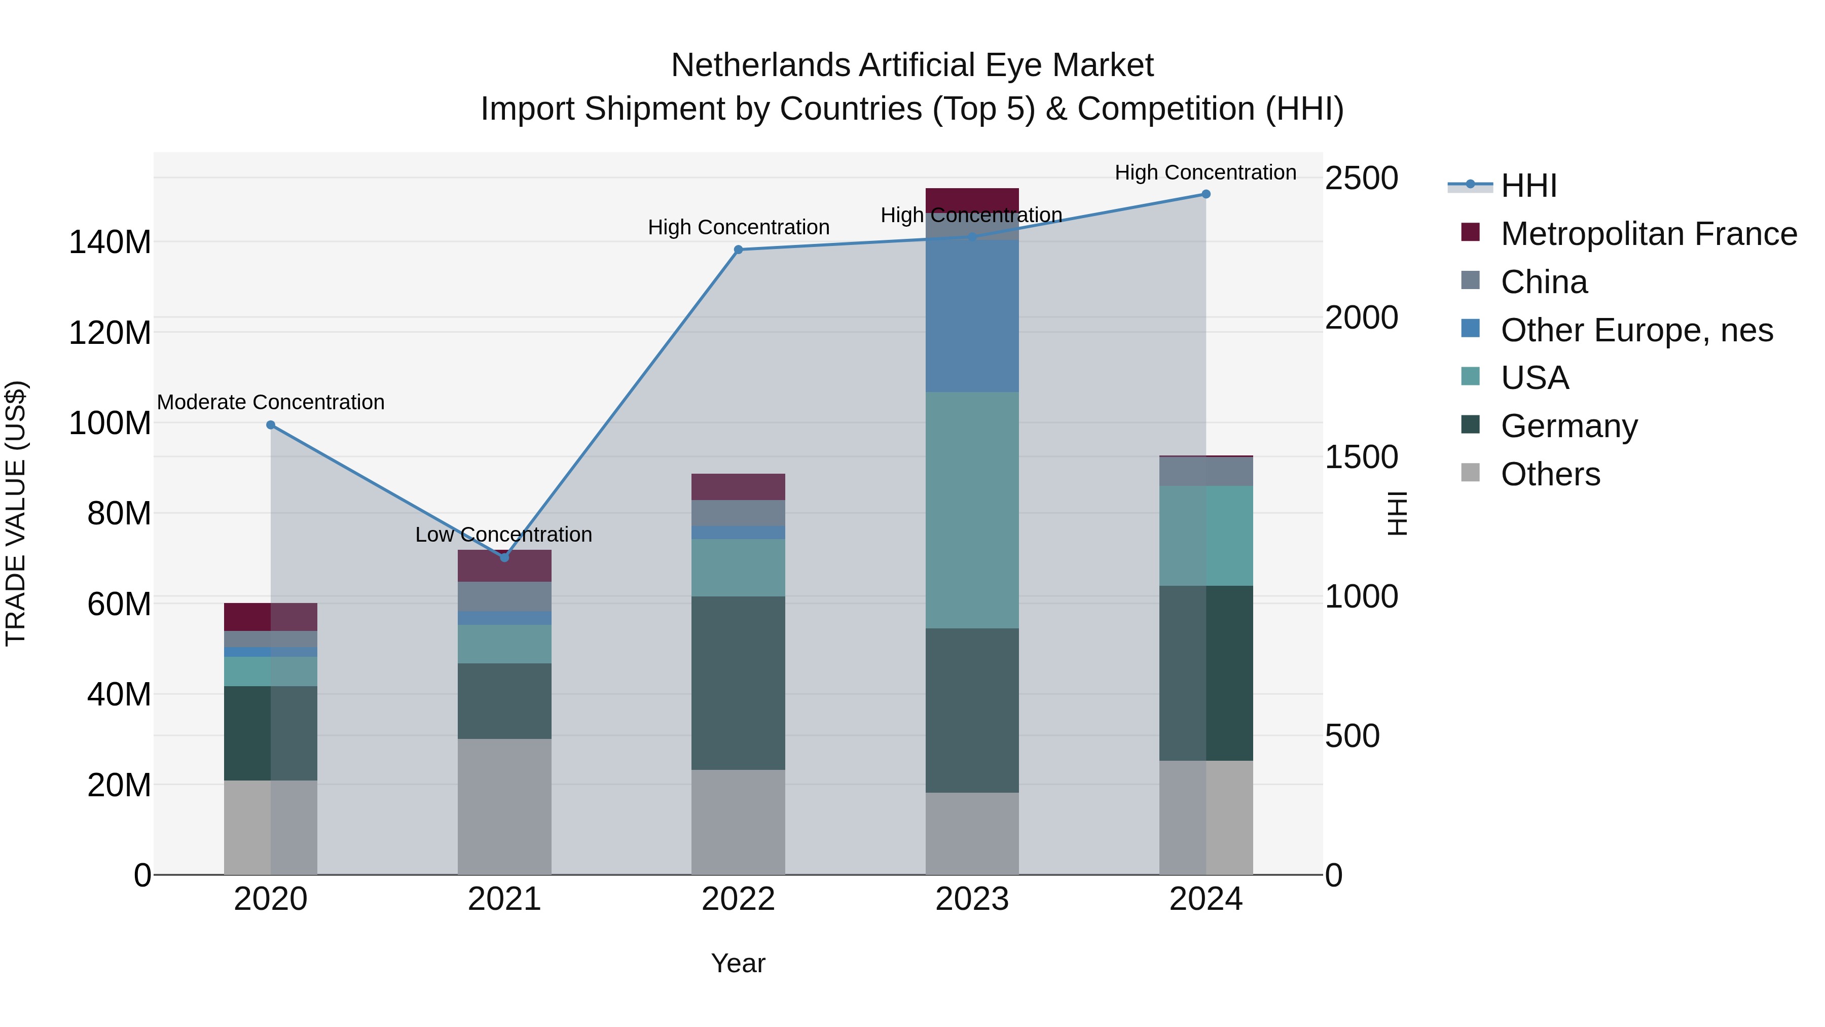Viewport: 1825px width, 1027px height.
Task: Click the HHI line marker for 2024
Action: (x=1206, y=194)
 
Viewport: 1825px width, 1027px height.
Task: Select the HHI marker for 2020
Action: (x=271, y=426)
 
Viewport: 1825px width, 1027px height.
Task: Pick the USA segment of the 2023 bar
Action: (x=972, y=510)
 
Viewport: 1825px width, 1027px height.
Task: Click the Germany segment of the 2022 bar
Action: (x=738, y=683)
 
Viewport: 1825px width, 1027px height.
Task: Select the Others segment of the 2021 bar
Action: (x=504, y=806)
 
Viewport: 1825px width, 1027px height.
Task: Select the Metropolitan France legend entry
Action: (x=1648, y=234)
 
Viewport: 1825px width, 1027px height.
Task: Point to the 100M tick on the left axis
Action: (x=110, y=423)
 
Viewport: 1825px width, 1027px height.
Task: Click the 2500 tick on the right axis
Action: (x=1361, y=178)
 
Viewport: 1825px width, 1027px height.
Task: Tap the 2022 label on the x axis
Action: (x=738, y=899)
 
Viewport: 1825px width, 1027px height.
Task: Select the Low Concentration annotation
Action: (x=504, y=535)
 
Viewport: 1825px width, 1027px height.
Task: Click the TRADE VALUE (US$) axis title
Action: (x=16, y=513)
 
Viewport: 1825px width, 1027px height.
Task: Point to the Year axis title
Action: (x=738, y=963)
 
